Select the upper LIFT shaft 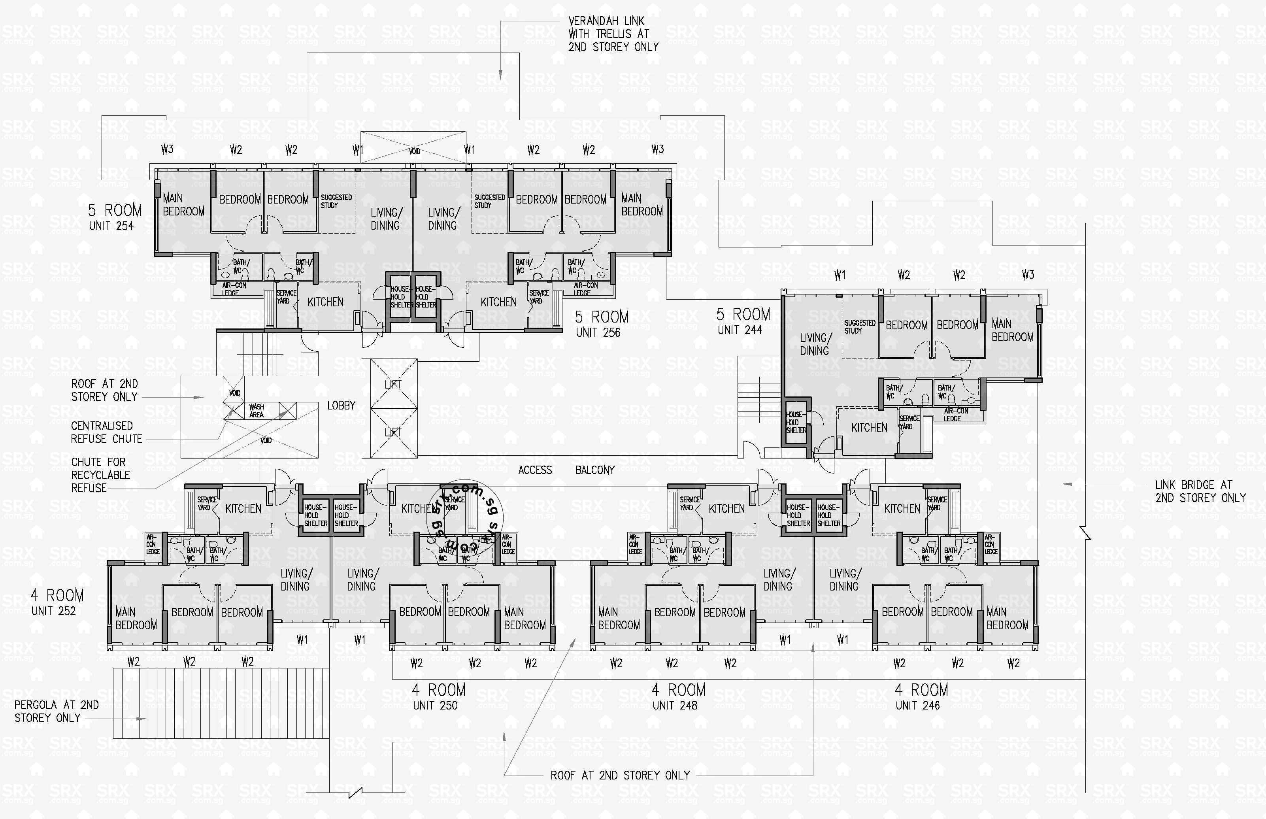(393, 384)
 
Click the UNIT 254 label (111, 226)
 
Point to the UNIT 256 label (598, 333)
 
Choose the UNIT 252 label (53, 611)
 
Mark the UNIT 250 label (435, 706)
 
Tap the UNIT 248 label (675, 706)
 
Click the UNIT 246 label (917, 706)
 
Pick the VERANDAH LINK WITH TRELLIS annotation (613, 34)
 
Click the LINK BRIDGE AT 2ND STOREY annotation (1200, 491)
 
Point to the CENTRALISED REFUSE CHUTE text (106, 432)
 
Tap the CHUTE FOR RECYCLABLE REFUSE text (100, 475)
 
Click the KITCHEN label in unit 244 (869, 428)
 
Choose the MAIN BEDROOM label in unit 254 (183, 205)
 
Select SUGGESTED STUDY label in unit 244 (859, 326)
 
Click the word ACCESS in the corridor (535, 470)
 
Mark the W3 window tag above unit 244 (1028, 275)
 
